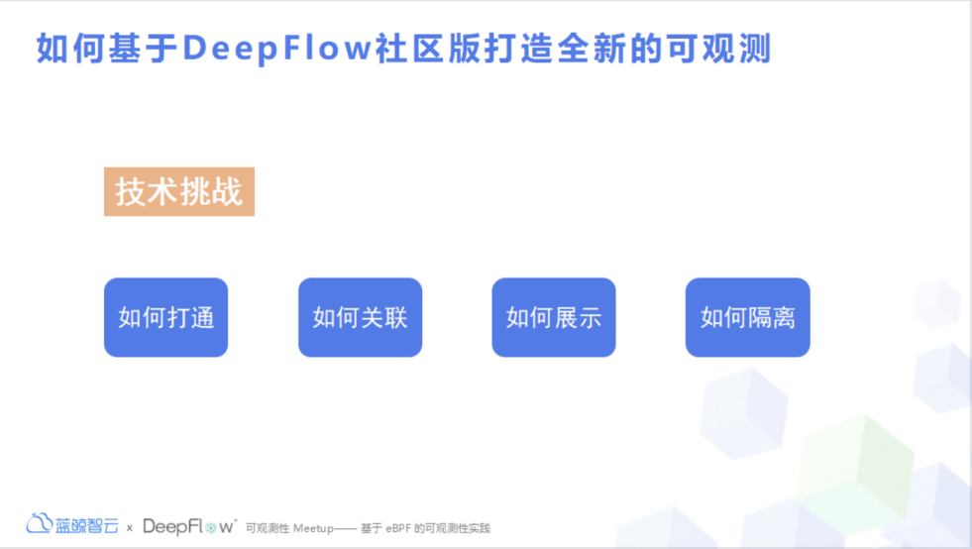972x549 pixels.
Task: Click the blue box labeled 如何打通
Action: click(x=165, y=317)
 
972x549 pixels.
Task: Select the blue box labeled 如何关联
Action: click(x=360, y=317)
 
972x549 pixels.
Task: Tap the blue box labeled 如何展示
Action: click(x=554, y=317)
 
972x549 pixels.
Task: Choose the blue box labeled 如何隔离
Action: click(x=747, y=317)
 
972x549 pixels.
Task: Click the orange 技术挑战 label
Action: click(x=179, y=191)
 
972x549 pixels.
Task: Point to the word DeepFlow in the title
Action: click(x=278, y=48)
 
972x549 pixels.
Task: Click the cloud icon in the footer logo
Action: click(x=40, y=523)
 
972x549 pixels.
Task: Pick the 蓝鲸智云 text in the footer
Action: click(x=87, y=524)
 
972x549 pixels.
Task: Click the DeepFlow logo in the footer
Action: click(x=189, y=525)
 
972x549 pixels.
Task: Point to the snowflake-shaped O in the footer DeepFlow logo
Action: click(x=211, y=526)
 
